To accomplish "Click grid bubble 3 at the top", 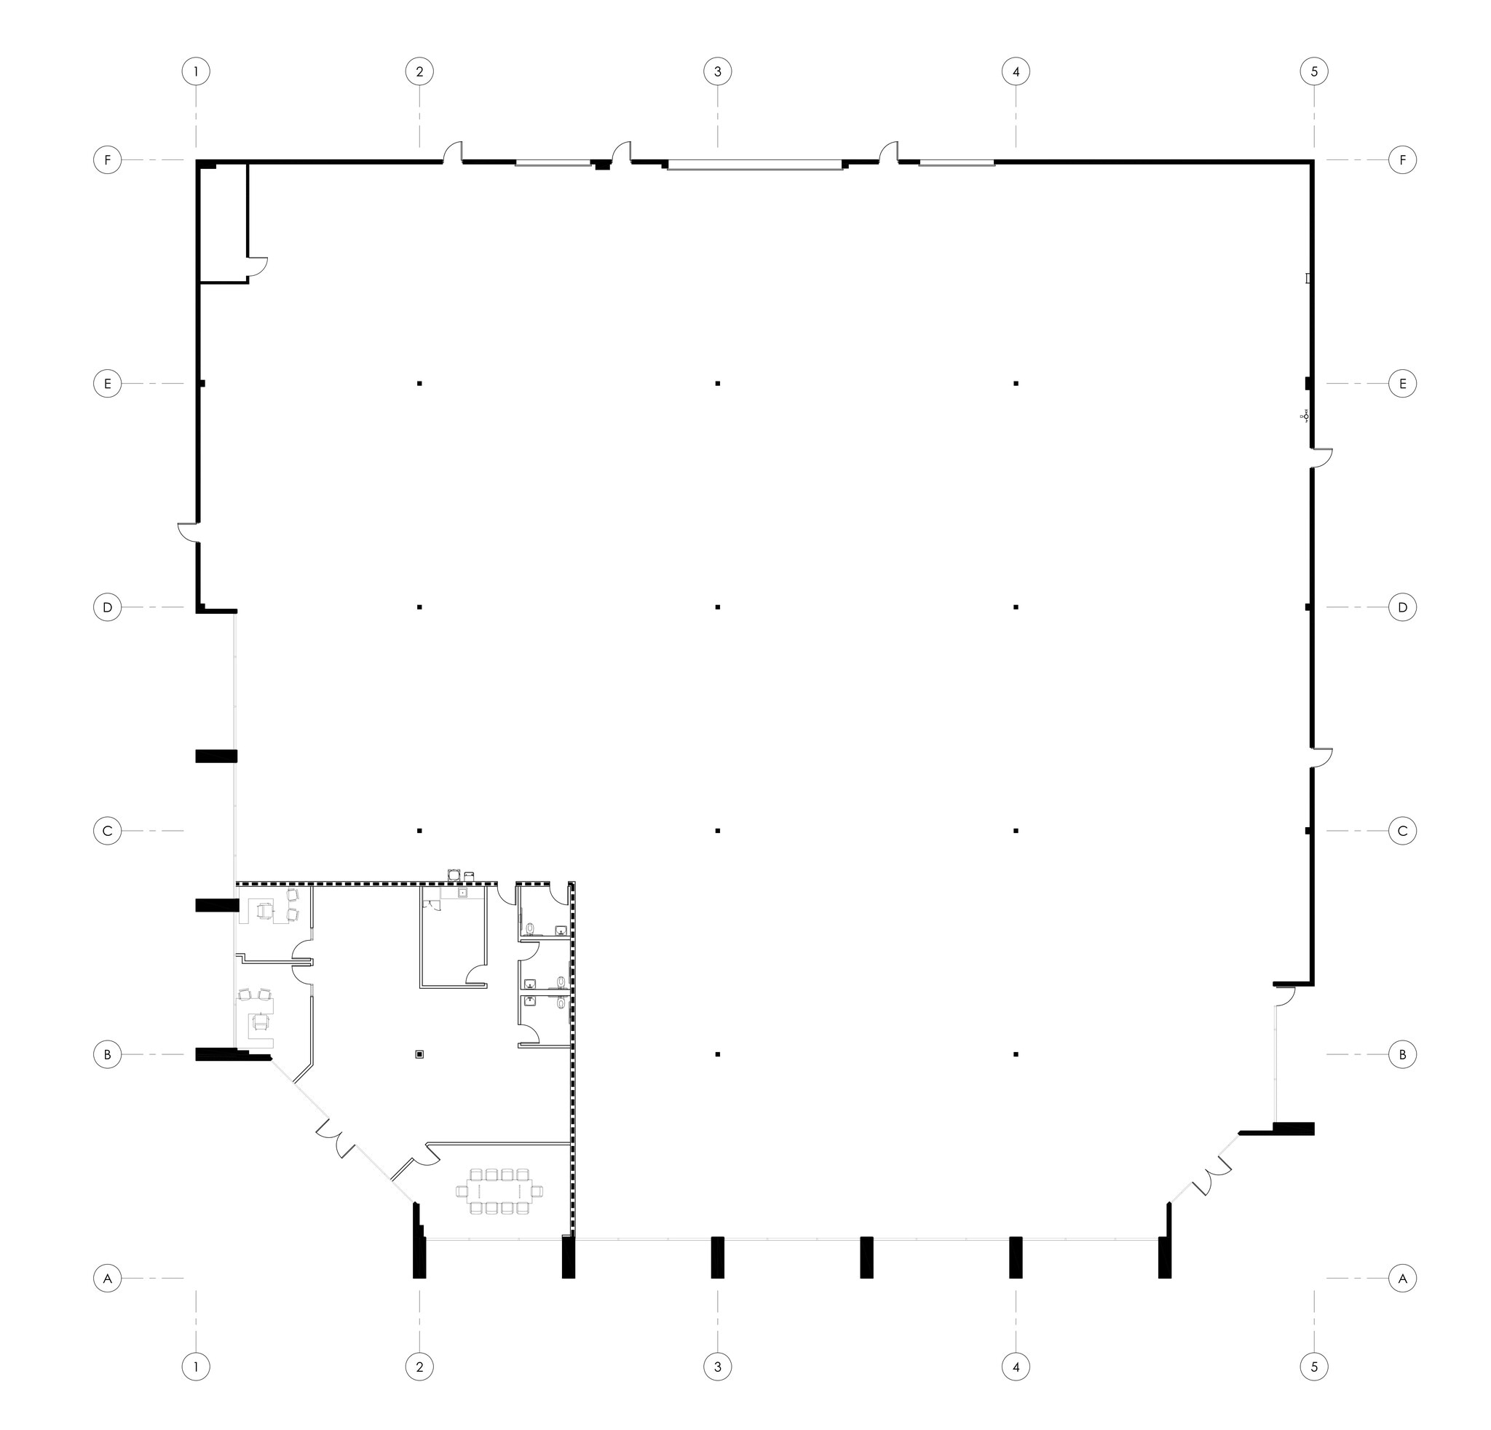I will [717, 72].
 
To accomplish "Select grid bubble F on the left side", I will [107, 160].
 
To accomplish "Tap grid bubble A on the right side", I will [1403, 1278].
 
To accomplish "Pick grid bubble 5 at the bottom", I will [1315, 1367].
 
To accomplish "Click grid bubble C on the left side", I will [107, 831].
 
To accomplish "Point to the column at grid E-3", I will [717, 384].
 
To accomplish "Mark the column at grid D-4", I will [1016, 607].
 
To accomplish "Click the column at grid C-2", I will [419, 831].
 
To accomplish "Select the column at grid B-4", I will [1016, 1054].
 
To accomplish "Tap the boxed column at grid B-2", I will [419, 1054].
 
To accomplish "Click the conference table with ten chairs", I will [499, 1190].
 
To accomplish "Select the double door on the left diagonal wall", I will [335, 1139].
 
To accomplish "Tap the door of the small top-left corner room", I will [258, 266].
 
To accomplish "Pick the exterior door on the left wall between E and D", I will [188, 532].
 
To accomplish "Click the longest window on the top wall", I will [755, 165].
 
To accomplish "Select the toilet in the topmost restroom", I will [530, 929].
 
